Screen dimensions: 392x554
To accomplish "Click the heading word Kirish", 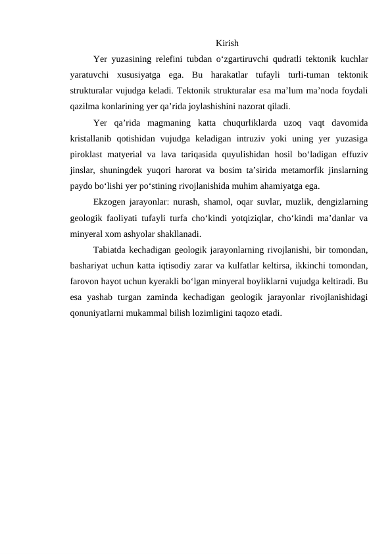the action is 226,43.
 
